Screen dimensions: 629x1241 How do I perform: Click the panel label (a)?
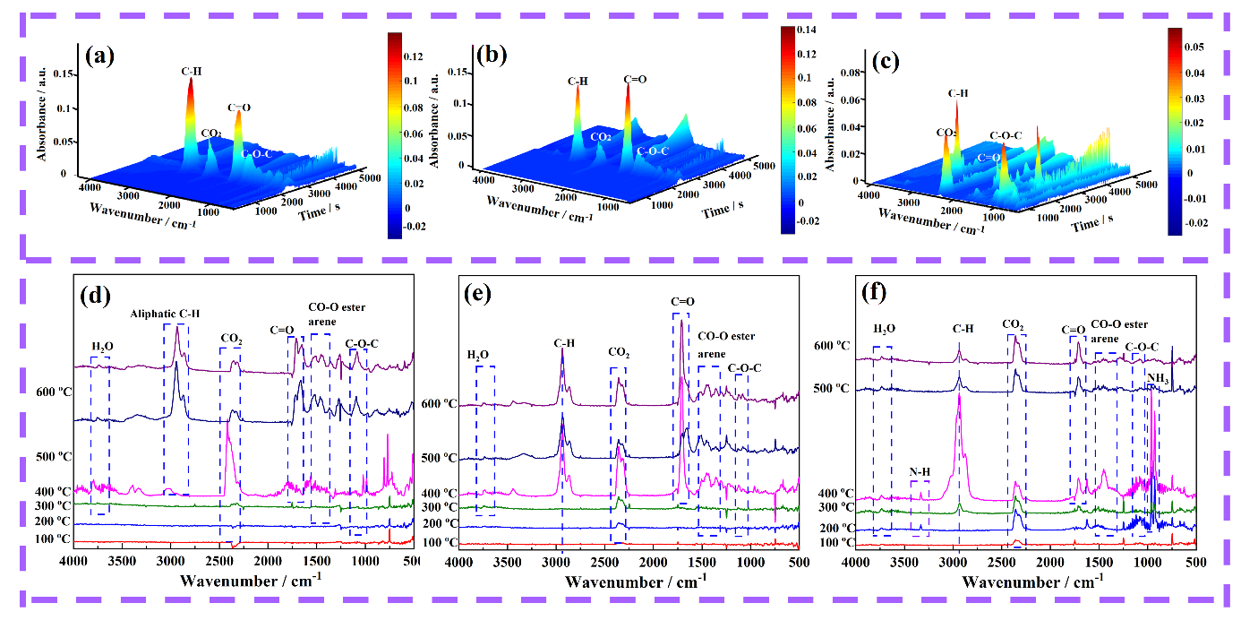tap(99, 56)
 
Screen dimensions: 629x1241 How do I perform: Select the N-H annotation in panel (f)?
tap(920, 471)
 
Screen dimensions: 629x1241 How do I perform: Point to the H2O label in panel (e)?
tap(479, 355)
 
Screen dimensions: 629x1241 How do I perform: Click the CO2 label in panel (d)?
tap(231, 338)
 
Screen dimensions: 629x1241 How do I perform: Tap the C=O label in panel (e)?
tap(683, 303)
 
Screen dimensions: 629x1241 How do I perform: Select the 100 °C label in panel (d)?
tap(52, 539)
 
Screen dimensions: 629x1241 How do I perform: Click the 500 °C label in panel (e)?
tap(438, 458)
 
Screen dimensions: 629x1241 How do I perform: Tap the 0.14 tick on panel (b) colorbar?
tap(809, 30)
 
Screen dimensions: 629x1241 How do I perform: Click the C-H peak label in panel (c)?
tap(958, 92)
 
